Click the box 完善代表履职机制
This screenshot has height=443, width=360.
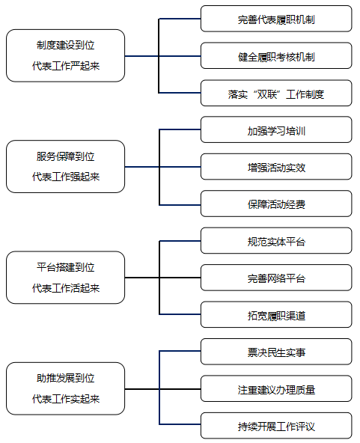[x=276, y=19]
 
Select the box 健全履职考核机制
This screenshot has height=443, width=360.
[x=276, y=55]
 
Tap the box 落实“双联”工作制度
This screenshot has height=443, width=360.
[x=276, y=93]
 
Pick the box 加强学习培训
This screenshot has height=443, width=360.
[x=276, y=129]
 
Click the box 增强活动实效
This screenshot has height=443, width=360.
[x=276, y=167]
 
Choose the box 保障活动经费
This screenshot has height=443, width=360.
[x=276, y=204]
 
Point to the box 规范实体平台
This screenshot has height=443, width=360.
[x=276, y=241]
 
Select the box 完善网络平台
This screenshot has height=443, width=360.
[x=276, y=278]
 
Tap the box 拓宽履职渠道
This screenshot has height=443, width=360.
[x=276, y=315]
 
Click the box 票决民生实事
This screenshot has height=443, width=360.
[x=276, y=352]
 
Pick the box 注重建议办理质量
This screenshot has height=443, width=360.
[x=276, y=389]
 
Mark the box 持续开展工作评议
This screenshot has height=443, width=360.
[x=276, y=426]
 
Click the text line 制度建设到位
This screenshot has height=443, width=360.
[x=66, y=45]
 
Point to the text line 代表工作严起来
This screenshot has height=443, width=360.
[x=66, y=66]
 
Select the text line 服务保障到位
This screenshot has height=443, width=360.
[x=66, y=156]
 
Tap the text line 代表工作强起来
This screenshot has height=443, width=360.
[x=66, y=177]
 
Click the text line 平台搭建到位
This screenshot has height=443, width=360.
[x=66, y=267]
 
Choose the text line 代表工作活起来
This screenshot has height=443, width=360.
[x=66, y=288]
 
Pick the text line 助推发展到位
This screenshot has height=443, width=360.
[x=66, y=379]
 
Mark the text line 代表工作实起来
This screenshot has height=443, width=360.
[x=66, y=399]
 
